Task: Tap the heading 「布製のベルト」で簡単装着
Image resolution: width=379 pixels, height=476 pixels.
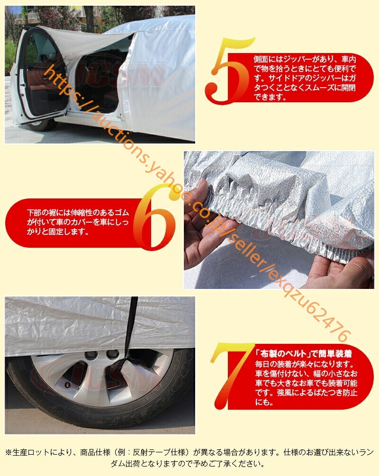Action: [x=303, y=354]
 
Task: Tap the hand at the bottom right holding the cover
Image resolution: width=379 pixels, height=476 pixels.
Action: [x=340, y=270]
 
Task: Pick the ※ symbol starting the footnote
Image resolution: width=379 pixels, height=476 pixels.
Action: [x=9, y=453]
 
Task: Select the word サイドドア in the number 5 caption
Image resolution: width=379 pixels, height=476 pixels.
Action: [x=287, y=78]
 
